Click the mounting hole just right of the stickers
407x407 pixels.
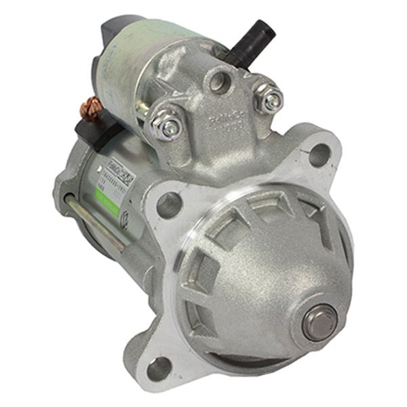tap(169, 205)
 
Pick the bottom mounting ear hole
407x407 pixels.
tap(160, 367)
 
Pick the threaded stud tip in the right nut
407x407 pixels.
tap(271, 100)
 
